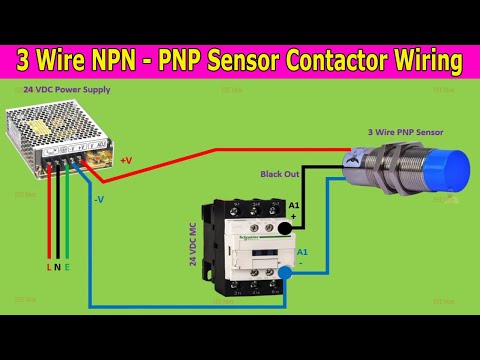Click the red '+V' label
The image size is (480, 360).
point(125,160)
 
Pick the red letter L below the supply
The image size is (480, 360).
point(47,268)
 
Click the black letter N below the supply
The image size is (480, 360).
point(58,268)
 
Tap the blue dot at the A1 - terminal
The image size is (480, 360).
point(287,272)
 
